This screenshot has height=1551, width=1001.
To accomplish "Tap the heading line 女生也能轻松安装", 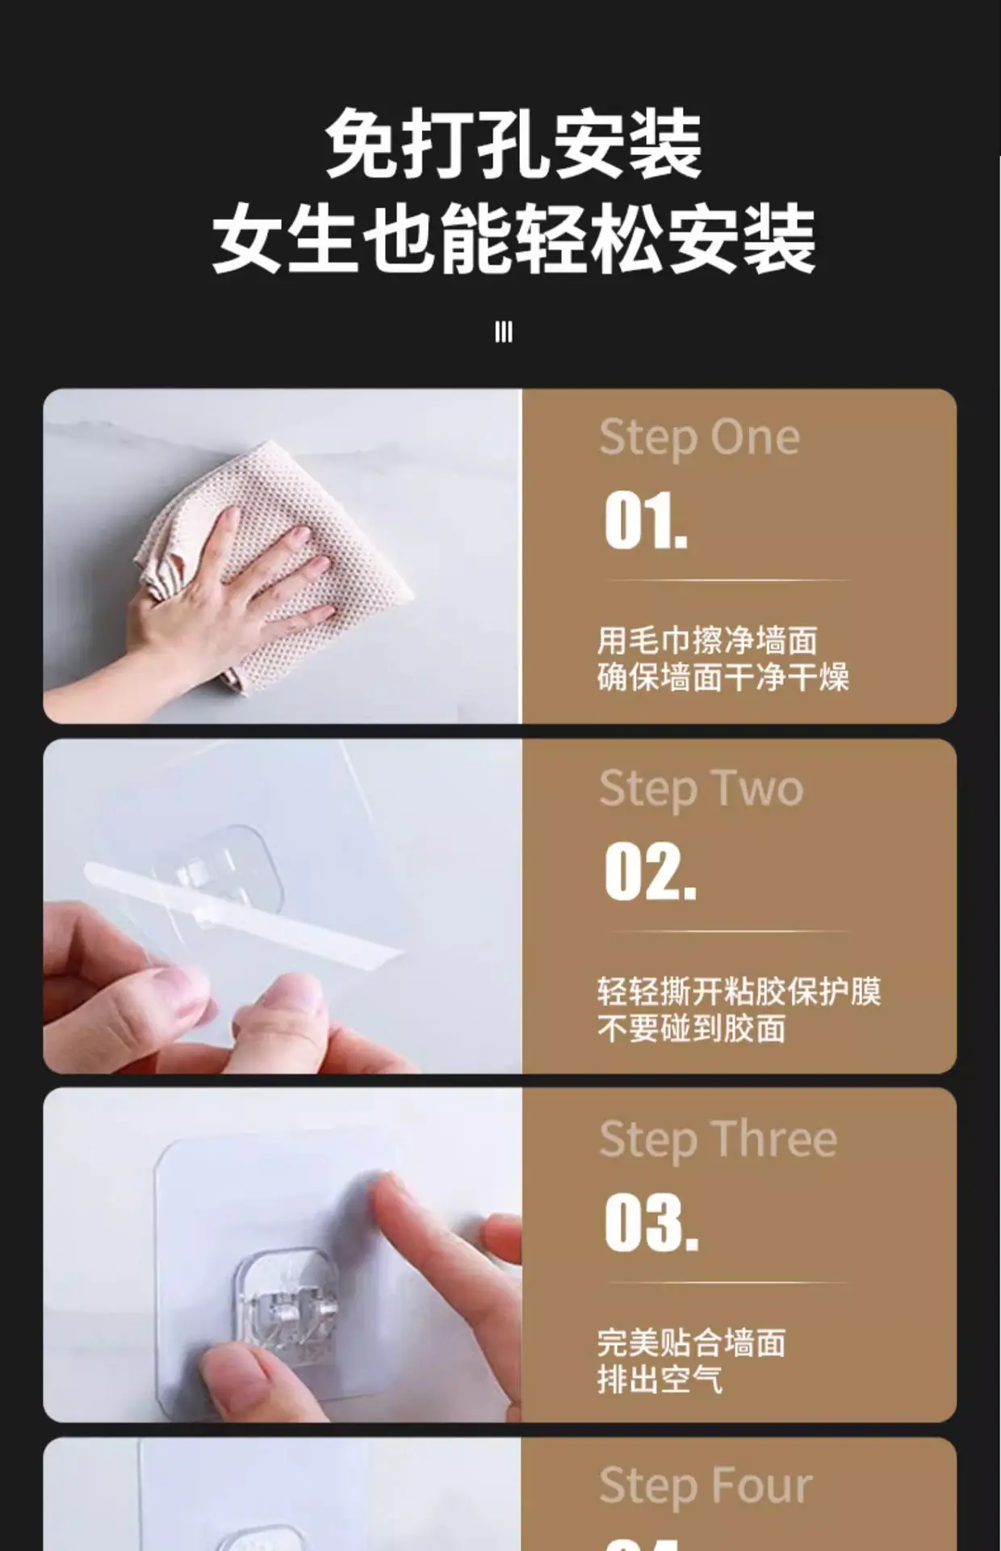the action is coord(513,239).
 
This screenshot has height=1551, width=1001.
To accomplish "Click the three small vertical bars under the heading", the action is coord(504,332).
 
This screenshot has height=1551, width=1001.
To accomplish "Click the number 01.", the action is coord(646,522).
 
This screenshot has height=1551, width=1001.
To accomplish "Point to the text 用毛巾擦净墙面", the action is coord(707,641).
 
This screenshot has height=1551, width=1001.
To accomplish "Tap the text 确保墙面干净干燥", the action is coord(723,677).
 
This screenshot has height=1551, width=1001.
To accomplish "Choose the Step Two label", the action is coord(701,789).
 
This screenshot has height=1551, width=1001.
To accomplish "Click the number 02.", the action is coord(650,871).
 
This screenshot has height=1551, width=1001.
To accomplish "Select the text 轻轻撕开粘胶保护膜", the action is coord(739,991).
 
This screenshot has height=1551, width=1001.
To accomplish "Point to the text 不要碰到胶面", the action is coord(692,1028).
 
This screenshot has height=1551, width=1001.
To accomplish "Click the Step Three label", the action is coord(718,1140).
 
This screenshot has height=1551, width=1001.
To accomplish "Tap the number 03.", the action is coord(651,1222).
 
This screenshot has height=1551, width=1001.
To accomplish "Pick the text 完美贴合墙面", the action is coord(692,1343).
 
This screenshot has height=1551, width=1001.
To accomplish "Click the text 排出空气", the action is coord(660,1379).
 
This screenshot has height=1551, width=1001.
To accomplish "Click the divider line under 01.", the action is coord(727,580).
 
